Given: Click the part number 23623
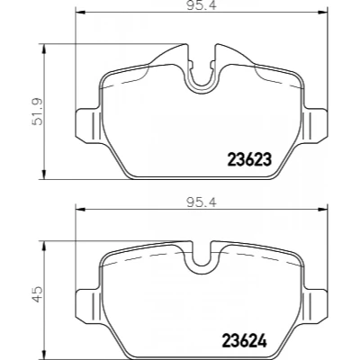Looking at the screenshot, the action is pos(249,159).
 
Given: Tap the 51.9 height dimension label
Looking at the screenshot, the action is pos(38,112).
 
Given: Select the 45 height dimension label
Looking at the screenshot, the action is pos(38,294).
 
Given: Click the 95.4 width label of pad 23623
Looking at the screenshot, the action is pos(202,5).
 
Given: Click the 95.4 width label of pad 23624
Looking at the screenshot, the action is pos(202,203).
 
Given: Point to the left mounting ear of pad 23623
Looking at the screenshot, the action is pos(87,125).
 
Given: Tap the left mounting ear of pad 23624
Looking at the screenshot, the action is pos(87,306).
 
